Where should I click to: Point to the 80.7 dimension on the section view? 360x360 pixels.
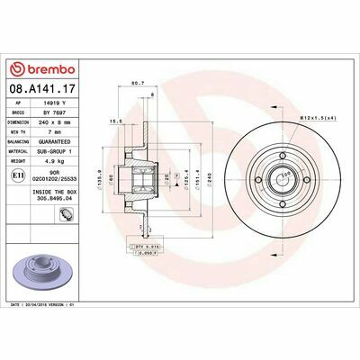pyautogui.click(x=139, y=85)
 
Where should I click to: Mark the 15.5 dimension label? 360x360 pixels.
pyautogui.click(x=115, y=118)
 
